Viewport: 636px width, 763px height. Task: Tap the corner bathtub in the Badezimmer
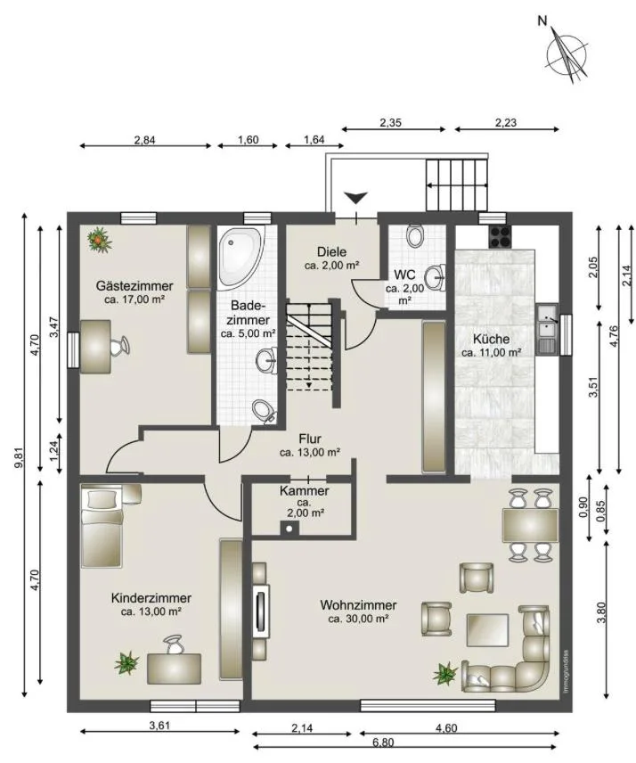pos(241,257)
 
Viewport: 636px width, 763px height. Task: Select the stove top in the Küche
pos(500,237)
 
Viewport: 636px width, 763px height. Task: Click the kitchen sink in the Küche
pos(547,328)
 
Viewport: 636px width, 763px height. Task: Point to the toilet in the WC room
pos(415,235)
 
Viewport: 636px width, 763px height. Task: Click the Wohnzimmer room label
pos(358,605)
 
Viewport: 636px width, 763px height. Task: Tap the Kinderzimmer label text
pos(151,597)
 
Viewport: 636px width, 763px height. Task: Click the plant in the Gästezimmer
pos(99,240)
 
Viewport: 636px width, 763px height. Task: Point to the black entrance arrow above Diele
pos(356,198)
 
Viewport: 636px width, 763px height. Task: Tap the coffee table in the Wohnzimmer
pos(488,629)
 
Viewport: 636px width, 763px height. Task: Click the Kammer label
pos(305,491)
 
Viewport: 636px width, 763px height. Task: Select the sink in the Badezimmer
pos(267,361)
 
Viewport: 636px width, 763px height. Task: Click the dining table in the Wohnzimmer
pos(531,525)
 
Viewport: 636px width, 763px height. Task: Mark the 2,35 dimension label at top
pos(390,122)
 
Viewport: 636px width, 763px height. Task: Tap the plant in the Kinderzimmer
pos(127,663)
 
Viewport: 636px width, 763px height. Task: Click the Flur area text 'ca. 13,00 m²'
pos(310,452)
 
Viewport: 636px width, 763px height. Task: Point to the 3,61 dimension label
pos(159,726)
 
